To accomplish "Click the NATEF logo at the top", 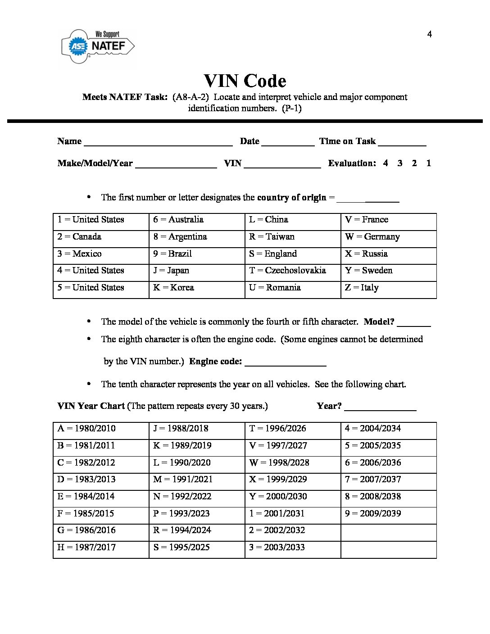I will tap(98, 46).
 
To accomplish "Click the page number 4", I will tap(429, 34).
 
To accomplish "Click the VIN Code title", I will tap(245, 81).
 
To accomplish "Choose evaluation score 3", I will tap(400, 163).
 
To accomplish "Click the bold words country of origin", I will tap(291, 198).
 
